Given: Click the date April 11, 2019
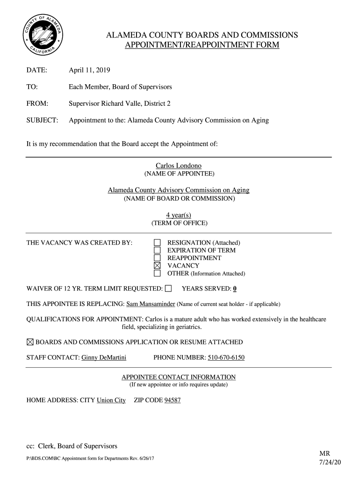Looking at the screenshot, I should (x=89, y=70).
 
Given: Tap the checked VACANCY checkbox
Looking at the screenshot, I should (x=158, y=266).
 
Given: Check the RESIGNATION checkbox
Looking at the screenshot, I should (x=158, y=243).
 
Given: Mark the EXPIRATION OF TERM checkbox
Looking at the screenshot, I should (x=158, y=250).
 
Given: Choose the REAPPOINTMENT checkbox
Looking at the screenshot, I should (x=158, y=258).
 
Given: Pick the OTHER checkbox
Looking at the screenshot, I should (x=158, y=273).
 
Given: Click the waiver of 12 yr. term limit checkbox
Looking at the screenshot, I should (x=168, y=288).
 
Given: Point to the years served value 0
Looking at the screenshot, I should (x=235, y=288).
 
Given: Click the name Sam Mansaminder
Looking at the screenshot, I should (x=151, y=304).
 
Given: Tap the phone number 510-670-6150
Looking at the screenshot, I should (x=226, y=358).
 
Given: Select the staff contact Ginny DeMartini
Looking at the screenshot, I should (x=104, y=358).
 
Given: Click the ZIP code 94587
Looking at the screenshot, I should (x=173, y=400).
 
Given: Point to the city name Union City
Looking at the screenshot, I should (x=111, y=400).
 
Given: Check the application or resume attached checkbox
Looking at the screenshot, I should (x=30, y=342).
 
